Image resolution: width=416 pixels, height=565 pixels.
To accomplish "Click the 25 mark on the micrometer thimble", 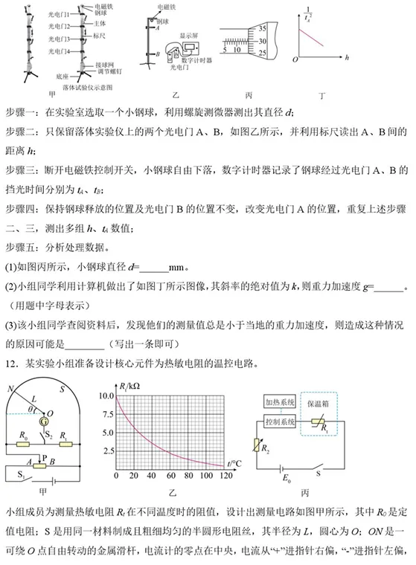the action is click(261, 53).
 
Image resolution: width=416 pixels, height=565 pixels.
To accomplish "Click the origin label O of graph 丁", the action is click(295, 58).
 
